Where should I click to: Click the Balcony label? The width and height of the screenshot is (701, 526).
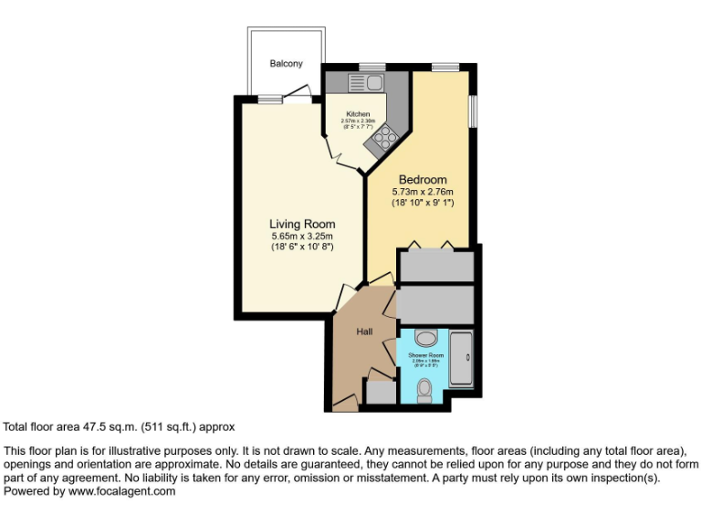point(286,64)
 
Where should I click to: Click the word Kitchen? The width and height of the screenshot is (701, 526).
point(358,114)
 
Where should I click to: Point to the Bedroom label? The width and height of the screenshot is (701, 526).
point(423,179)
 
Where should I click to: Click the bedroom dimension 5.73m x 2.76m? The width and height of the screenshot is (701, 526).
point(423,192)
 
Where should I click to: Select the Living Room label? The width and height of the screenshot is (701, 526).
point(302,224)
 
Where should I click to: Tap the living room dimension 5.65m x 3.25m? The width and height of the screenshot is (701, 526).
point(302,236)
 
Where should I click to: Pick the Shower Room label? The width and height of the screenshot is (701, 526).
point(426,354)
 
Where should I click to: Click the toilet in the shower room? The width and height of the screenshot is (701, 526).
point(424,391)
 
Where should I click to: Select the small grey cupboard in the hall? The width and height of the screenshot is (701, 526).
point(379,393)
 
